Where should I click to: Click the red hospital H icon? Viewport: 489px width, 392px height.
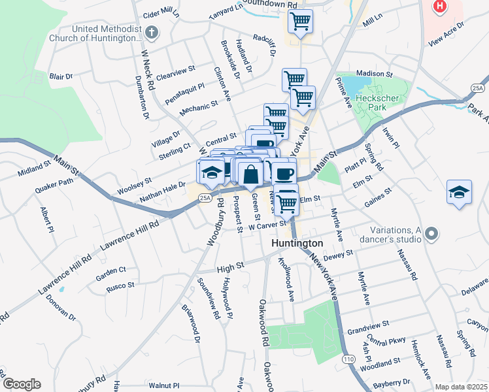(440, 7)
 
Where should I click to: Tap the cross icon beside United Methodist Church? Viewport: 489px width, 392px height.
(151, 32)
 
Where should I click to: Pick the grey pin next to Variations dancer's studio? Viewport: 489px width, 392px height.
(431, 233)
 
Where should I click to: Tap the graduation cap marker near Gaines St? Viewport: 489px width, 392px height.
(459, 192)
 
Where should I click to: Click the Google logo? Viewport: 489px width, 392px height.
(21, 384)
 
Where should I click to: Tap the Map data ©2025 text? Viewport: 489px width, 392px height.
(461, 387)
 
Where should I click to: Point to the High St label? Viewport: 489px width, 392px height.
(229, 267)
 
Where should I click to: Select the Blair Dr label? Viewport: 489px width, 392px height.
(61, 76)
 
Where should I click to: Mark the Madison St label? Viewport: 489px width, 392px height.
(373, 74)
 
